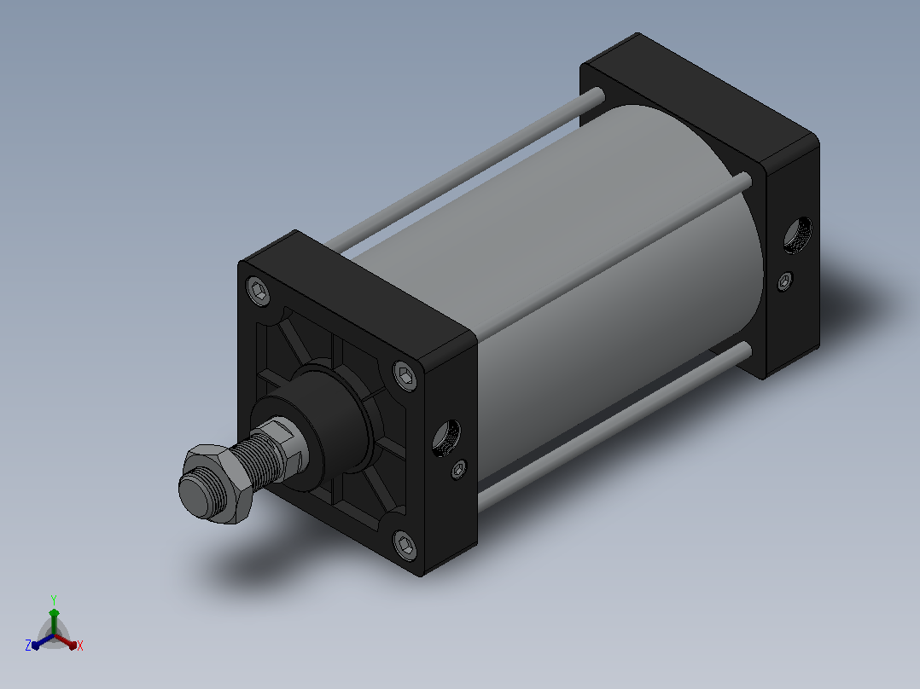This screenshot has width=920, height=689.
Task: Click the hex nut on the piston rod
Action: click(216, 482)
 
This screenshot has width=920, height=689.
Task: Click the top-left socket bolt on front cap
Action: click(258, 290)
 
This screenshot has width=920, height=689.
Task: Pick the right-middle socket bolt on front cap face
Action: click(405, 375)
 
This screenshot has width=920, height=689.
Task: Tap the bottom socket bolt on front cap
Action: click(405, 546)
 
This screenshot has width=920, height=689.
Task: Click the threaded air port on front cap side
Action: click(446, 437)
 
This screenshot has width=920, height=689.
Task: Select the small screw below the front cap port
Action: click(459, 469)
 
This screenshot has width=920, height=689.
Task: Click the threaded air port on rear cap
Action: click(798, 235)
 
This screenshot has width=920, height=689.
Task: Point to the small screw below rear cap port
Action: click(785, 281)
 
